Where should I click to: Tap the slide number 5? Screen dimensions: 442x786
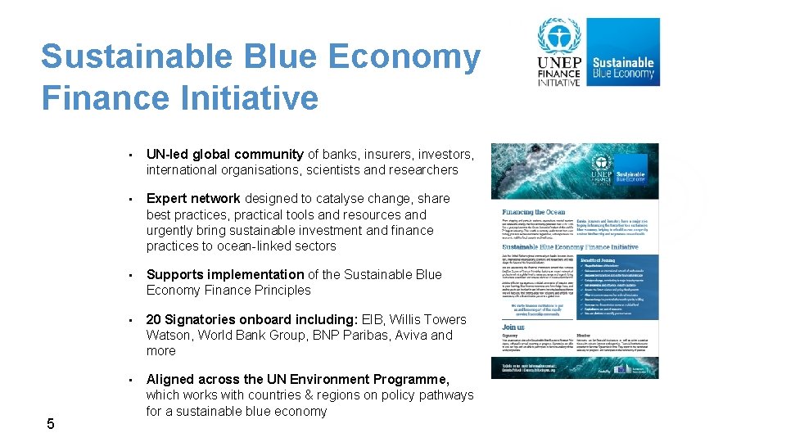(x=51, y=423)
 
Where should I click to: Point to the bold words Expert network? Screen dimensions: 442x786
(x=193, y=198)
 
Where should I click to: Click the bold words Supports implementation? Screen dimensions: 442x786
(x=225, y=274)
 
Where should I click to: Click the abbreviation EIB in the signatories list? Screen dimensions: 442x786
(x=400, y=319)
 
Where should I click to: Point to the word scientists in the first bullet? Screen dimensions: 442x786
(x=335, y=169)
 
